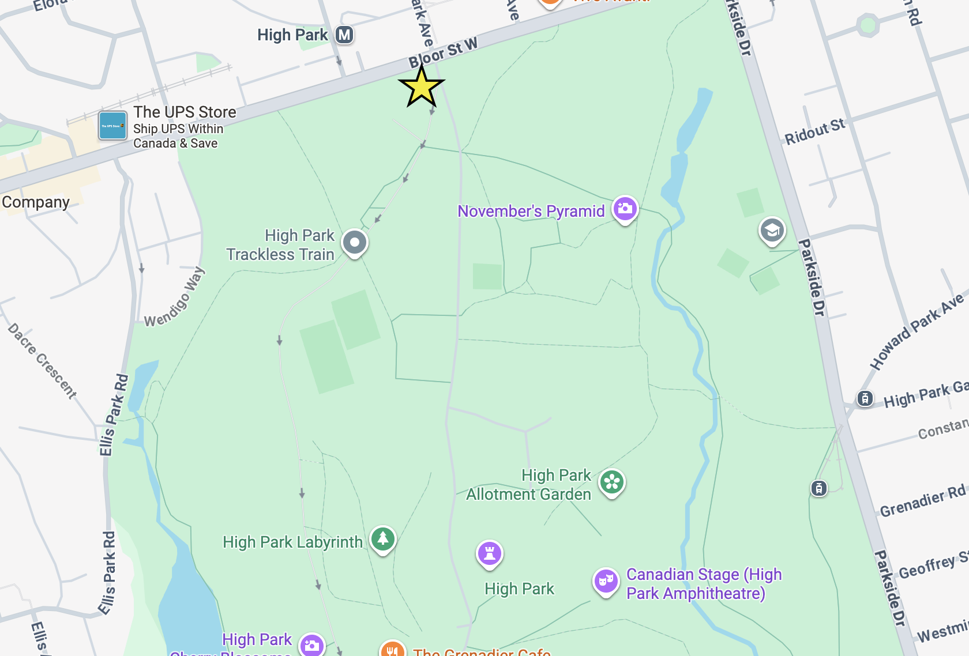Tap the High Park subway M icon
[x=344, y=35]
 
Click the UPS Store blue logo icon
[x=112, y=126]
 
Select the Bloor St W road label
[x=443, y=52]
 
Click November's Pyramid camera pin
[x=625, y=209]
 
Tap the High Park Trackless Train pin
[x=355, y=243]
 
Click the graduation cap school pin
[x=772, y=231]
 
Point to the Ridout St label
[x=814, y=131]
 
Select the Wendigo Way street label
[x=174, y=297]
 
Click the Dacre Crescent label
[x=42, y=361]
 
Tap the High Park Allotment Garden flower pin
[x=611, y=482]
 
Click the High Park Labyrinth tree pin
[x=383, y=539]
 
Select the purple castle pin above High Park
[x=490, y=554]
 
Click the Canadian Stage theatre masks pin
[x=606, y=581]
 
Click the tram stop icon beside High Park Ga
[x=865, y=398]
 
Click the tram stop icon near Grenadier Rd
[x=819, y=489]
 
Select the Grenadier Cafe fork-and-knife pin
[x=392, y=650]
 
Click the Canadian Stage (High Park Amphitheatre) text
[x=704, y=583]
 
